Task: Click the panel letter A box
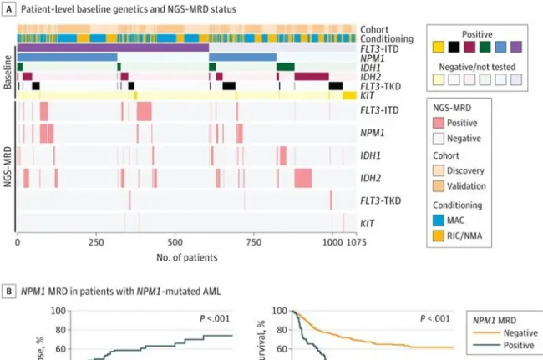8,8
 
